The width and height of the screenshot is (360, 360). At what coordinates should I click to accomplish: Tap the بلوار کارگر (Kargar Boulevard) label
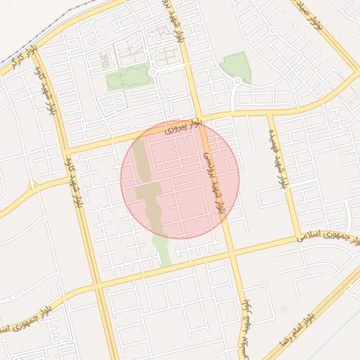click(21, 59)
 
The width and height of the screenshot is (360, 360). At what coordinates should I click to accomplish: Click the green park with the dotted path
click(129, 77)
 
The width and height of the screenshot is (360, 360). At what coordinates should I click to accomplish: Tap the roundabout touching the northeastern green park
click(237, 82)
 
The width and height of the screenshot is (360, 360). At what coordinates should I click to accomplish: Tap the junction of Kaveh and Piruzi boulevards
click(66, 150)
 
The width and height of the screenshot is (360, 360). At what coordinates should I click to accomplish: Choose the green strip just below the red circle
click(162, 249)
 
